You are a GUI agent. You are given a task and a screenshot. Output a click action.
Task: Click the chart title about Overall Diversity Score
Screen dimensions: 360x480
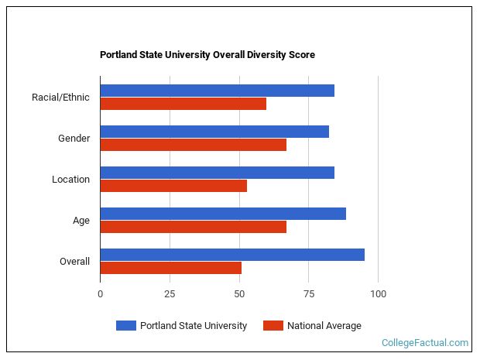(x=207, y=55)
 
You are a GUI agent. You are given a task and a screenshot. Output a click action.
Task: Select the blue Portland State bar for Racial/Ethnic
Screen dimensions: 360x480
(x=217, y=91)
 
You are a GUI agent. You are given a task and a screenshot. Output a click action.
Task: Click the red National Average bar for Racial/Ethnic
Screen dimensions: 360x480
(x=183, y=104)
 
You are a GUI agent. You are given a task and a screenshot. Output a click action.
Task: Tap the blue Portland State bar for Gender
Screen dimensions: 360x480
(x=214, y=132)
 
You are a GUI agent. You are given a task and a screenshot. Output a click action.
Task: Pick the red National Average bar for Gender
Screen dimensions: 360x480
(x=193, y=145)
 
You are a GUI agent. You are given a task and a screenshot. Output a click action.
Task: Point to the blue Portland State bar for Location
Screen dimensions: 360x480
(x=217, y=173)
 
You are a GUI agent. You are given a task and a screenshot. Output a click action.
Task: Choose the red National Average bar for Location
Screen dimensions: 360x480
(x=173, y=186)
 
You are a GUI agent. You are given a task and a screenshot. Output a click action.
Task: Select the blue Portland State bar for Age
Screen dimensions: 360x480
(x=223, y=214)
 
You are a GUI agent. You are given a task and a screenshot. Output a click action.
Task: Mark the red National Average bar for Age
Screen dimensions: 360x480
(x=193, y=227)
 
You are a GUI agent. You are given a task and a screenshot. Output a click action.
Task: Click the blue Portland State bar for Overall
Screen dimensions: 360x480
(x=232, y=255)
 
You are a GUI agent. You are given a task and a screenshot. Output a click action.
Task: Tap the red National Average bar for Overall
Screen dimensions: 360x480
(x=170, y=268)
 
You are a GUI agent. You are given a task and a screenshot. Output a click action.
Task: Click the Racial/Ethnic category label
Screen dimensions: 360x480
(x=60, y=98)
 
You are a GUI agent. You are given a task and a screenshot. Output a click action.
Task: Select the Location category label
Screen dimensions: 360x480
(x=70, y=180)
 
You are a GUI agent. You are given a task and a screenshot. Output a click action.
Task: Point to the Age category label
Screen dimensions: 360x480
(x=81, y=221)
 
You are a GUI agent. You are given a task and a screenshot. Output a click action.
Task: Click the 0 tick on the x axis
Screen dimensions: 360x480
(x=100, y=294)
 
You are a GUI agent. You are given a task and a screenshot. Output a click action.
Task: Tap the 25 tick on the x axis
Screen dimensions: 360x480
(x=170, y=294)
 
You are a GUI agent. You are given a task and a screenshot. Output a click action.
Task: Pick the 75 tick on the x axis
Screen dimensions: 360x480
(x=308, y=294)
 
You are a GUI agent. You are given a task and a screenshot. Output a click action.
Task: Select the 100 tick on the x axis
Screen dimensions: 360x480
(x=378, y=294)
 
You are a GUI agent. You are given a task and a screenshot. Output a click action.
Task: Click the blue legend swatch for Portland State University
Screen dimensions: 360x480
(x=125, y=326)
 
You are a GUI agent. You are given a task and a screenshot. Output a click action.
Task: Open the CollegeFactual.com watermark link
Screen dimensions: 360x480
(x=424, y=342)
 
